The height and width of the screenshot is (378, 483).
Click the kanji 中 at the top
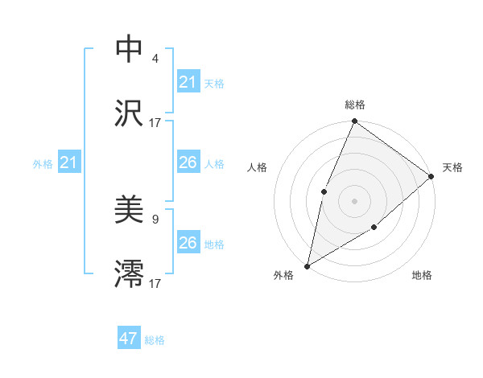pyautogui.click(x=130, y=48)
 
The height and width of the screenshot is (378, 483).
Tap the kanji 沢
pyautogui.click(x=130, y=113)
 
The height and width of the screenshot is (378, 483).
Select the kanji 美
pyautogui.click(x=130, y=211)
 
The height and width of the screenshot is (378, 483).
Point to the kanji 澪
pyautogui.click(x=130, y=274)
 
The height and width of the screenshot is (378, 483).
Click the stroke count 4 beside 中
pyautogui.click(x=155, y=59)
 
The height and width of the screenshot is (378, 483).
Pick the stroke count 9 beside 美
pyautogui.click(x=155, y=219)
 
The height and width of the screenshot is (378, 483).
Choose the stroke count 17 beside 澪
pyautogui.click(x=155, y=283)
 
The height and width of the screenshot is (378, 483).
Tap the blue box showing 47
pyautogui.click(x=129, y=339)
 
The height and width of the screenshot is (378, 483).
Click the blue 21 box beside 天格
pyautogui.click(x=188, y=82)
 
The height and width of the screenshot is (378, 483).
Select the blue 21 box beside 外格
pyautogui.click(x=69, y=163)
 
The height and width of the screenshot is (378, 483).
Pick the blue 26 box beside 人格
pyautogui.click(x=188, y=162)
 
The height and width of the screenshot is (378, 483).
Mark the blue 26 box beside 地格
pyautogui.click(x=188, y=243)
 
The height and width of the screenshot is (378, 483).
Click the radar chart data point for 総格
pyautogui.click(x=354, y=121)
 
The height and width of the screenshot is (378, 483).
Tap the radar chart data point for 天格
pyautogui.click(x=431, y=176)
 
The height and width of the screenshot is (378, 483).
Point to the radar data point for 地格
pyautogui.click(x=374, y=228)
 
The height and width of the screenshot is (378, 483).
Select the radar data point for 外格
pyautogui.click(x=307, y=265)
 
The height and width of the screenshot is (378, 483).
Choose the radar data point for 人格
pyautogui.click(x=324, y=191)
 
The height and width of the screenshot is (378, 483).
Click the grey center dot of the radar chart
pyautogui.click(x=354, y=200)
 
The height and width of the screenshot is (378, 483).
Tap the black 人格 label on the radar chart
pyautogui.click(x=256, y=167)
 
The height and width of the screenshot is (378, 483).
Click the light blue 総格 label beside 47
pyautogui.click(x=155, y=340)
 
